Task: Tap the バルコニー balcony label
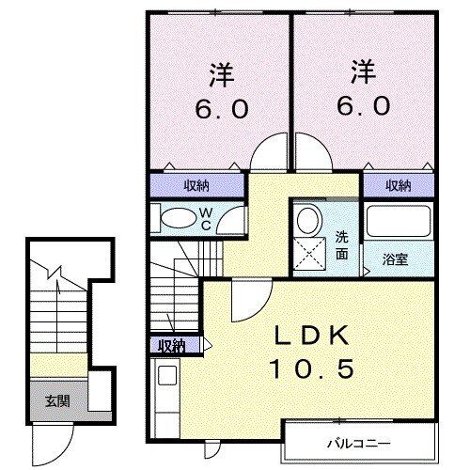tap(360, 442)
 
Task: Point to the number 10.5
tap(313, 369)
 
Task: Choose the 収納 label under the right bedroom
tap(399, 185)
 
